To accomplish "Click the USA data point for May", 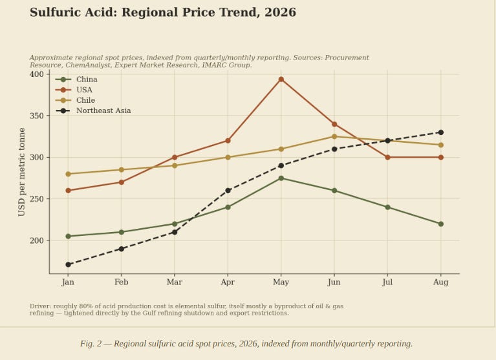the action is point(281,79).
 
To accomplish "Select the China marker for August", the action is point(440,224).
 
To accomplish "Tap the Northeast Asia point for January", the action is point(68,264).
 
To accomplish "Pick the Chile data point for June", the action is point(334,136).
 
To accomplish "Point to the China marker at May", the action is point(281,178).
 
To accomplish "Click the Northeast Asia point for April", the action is point(228,191).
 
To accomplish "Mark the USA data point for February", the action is point(121,182).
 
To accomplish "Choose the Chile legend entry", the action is point(75,100).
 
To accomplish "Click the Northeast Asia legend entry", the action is point(93,111).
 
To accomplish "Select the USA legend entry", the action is point(74,90).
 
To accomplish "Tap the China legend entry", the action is point(76,79).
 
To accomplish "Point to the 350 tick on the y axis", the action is point(37,116).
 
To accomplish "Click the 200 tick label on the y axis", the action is point(37,240).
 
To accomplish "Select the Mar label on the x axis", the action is point(175,282).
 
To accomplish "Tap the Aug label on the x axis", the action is point(440,282).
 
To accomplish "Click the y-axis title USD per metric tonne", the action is point(21,172).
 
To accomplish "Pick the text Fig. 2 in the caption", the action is point(91,344).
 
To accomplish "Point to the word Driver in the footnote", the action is point(40,306).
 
